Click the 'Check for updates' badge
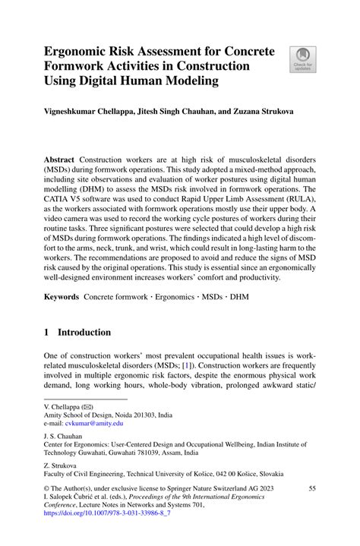coord(302,60)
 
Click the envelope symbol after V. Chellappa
coord(90,407)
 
